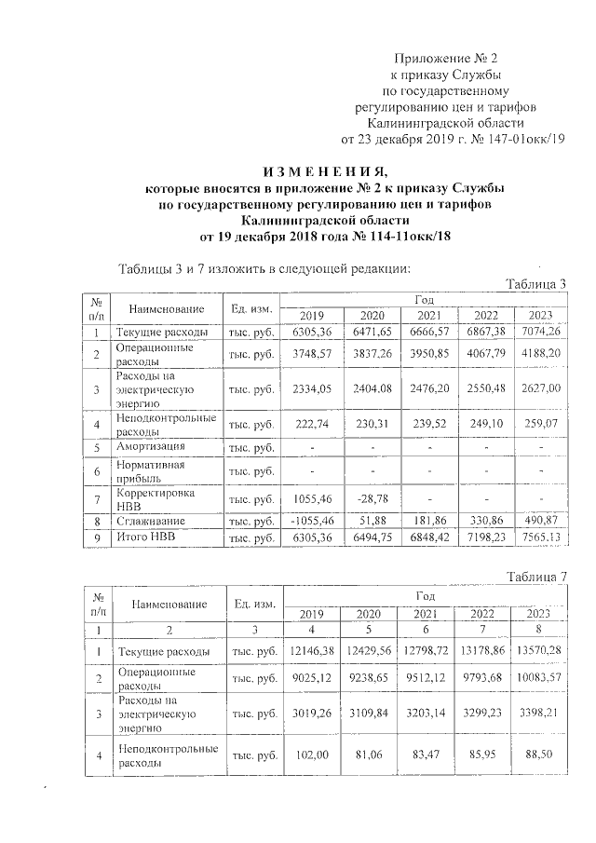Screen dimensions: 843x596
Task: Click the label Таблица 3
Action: (x=535, y=284)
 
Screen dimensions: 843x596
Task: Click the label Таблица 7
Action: (x=535, y=580)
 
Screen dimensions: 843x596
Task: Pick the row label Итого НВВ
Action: (x=145, y=537)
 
